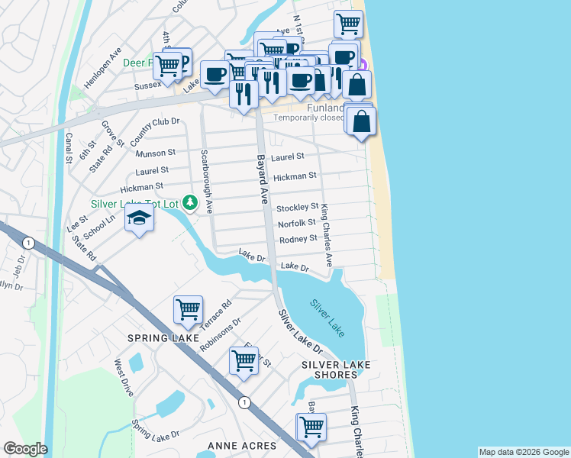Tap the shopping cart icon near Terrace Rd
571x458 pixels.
188,310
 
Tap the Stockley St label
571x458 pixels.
297,208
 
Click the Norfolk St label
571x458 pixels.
297,223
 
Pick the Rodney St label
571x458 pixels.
298,239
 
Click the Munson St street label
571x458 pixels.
155,153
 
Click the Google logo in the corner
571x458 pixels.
25,449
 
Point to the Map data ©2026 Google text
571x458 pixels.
523,452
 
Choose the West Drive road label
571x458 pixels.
124,377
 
